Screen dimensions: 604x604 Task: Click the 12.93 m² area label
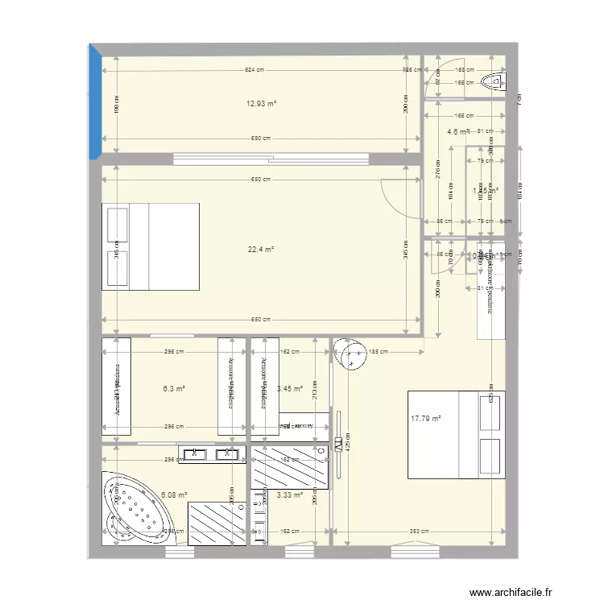click(x=261, y=104)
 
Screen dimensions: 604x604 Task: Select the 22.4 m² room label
click(x=261, y=250)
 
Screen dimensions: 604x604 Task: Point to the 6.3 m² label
click(x=173, y=388)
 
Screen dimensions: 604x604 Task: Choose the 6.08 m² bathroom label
click(x=175, y=495)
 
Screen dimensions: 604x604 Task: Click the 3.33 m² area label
click(x=289, y=495)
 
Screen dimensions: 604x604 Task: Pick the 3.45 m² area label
click(x=289, y=388)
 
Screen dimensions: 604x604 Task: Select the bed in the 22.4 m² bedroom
click(x=151, y=246)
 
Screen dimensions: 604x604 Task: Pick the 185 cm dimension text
click(x=378, y=351)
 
